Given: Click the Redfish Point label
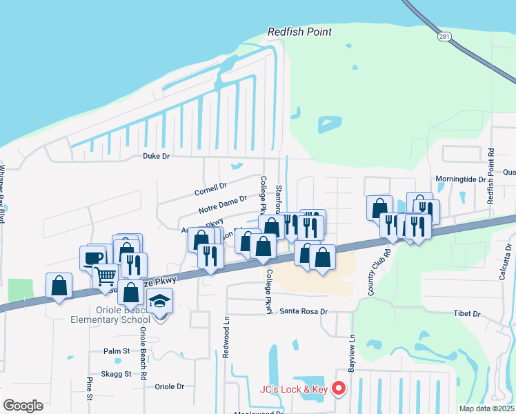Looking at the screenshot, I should [299, 32].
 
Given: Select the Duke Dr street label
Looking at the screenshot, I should [156, 157].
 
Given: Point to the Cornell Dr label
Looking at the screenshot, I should [210, 188].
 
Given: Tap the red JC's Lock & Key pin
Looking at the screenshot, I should [339, 389].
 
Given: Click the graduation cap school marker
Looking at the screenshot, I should [160, 302].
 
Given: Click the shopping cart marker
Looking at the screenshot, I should [106, 276].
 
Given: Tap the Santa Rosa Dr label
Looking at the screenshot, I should [303, 311].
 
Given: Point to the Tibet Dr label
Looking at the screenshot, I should [467, 314].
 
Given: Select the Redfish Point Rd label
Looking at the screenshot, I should [491, 176].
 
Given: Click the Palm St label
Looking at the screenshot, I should [117, 351].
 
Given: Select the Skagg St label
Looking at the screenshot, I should [117, 374].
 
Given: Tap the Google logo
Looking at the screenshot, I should [23, 406].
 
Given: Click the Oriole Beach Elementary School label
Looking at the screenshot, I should [110, 315].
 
